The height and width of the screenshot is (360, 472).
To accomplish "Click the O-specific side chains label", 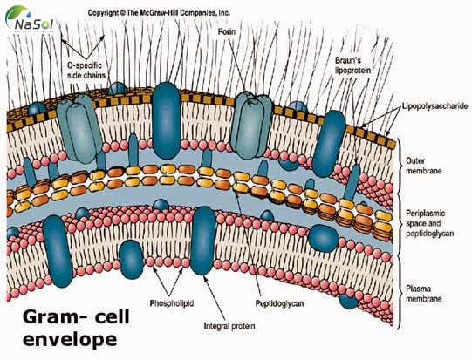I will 86,72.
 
